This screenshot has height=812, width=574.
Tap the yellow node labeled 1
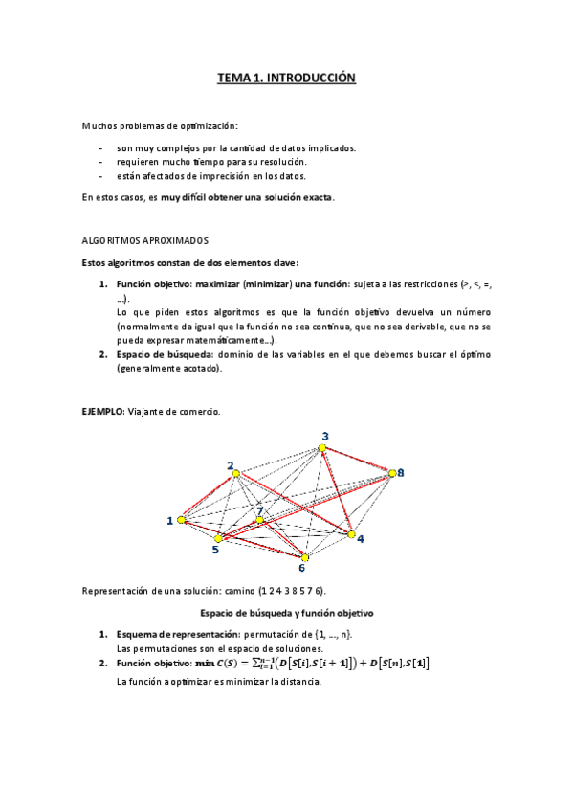pyautogui.click(x=181, y=520)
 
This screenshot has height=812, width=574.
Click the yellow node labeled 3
pyautogui.click(x=322, y=447)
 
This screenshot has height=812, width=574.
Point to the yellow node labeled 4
pyautogui.click(x=351, y=533)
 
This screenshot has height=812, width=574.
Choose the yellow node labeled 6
pyautogui.click(x=304, y=556)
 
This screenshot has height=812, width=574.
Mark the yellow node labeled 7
pyautogui.click(x=259, y=520)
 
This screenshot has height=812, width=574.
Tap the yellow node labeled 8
pyautogui.click(x=390, y=472)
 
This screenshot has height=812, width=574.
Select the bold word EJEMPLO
pyautogui.click(x=101, y=412)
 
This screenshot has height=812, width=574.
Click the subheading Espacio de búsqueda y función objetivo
pyautogui.click(x=286, y=612)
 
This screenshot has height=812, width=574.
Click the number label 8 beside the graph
pyautogui.click(x=402, y=472)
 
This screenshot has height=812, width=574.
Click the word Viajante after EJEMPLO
pyautogui.click(x=146, y=412)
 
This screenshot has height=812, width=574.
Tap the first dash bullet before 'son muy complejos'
pyautogui.click(x=101, y=148)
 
